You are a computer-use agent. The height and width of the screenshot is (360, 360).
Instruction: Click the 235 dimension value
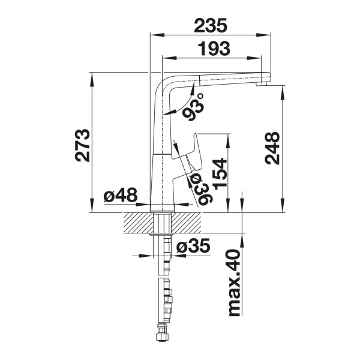tap(211, 25)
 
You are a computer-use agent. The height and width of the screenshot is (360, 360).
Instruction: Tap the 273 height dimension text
tap(82, 145)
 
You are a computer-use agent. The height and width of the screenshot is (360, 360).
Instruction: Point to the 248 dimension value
tap(272, 148)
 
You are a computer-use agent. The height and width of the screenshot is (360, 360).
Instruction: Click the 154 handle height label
tap(220, 174)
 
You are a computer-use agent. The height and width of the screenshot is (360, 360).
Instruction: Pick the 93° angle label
tap(193, 107)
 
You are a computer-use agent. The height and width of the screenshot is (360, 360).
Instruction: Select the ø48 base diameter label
tap(121, 196)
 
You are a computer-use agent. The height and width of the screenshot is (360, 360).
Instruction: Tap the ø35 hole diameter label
tap(193, 246)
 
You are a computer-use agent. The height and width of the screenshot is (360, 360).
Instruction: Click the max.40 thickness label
tap(235, 283)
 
